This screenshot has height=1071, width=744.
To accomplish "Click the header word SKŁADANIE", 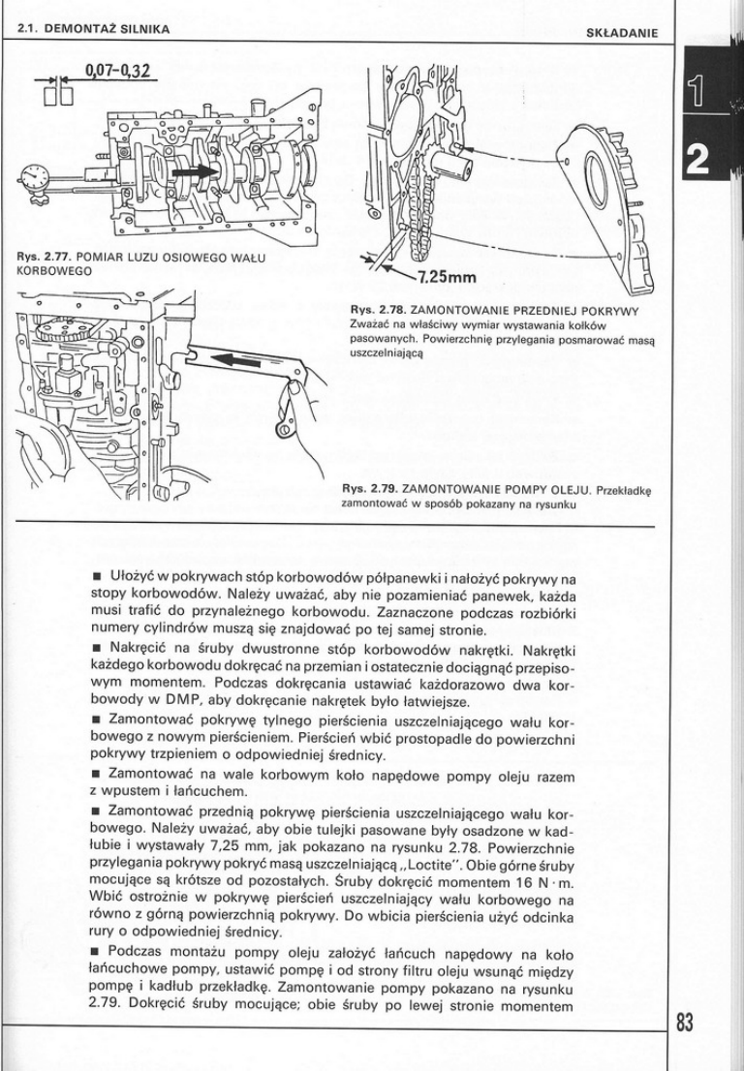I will [x=623, y=32].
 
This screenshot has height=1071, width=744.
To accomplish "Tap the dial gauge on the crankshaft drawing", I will [x=36, y=178].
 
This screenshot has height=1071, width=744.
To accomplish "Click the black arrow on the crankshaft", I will [x=198, y=171].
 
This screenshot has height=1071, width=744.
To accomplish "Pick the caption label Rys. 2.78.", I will [x=368, y=310].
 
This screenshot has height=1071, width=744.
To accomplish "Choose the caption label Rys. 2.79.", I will [x=368, y=490].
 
